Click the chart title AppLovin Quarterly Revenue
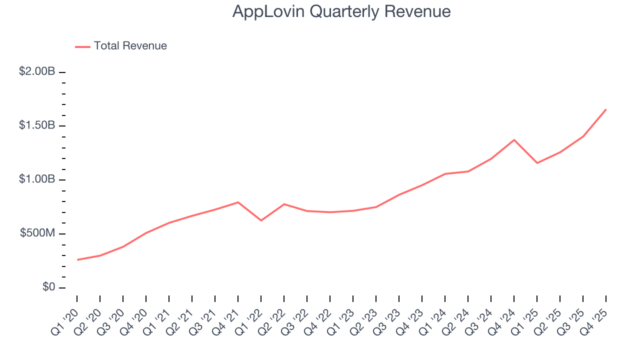point(341,12)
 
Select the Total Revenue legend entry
point(130,46)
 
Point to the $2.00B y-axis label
point(37,71)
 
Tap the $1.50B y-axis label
point(37,125)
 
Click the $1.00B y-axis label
point(37,179)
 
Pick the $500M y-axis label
point(37,233)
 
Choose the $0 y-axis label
point(48,287)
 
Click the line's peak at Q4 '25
point(606,109)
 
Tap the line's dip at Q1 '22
point(261,220)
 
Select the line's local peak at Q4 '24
point(514,139)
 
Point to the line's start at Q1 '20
point(77,259)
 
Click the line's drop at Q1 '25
point(537,163)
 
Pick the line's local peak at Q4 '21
point(238,202)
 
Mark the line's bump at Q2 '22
point(284,204)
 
